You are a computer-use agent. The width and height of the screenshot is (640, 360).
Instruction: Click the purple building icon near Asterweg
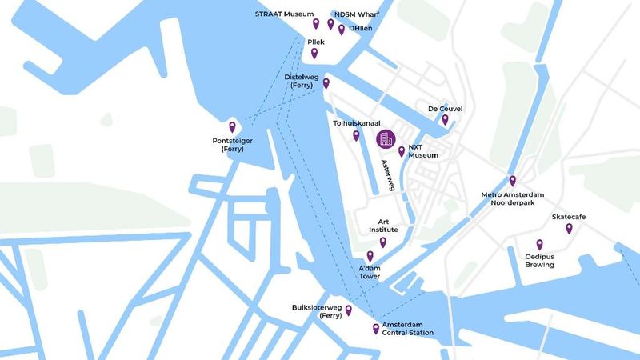pyautogui.click(x=386, y=139)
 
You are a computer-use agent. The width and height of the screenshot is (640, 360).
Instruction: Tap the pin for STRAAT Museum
pyautogui.click(x=316, y=24)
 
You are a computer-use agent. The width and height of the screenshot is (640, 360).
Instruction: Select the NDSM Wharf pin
pyautogui.click(x=330, y=24)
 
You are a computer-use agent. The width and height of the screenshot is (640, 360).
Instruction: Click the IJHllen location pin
pyautogui.click(x=342, y=30)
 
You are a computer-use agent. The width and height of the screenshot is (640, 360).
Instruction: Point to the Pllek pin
pyautogui.click(x=314, y=54)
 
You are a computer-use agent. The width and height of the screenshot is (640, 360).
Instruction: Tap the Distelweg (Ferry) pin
pyautogui.click(x=326, y=83)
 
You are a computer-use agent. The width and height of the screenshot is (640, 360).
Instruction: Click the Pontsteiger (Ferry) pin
pyautogui.click(x=233, y=126)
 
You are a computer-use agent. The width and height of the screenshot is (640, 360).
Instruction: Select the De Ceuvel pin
pyautogui.click(x=445, y=120)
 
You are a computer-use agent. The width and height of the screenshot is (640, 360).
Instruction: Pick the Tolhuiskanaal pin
pyautogui.click(x=356, y=135)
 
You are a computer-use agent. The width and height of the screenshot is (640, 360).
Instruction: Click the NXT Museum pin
pyautogui.click(x=401, y=150)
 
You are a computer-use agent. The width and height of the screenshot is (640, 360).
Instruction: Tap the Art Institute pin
pyautogui.click(x=383, y=242)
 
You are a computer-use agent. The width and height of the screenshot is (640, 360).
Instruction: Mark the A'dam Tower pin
pyautogui.click(x=370, y=256)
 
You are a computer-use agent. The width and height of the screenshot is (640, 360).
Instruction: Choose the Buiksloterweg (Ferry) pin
pyautogui.click(x=348, y=310)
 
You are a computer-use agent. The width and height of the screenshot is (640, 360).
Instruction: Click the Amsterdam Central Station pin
pyautogui.click(x=376, y=328)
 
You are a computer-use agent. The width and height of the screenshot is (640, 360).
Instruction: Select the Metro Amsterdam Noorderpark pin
pyautogui.click(x=513, y=181)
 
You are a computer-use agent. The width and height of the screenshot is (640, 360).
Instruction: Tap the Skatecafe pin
pyautogui.click(x=569, y=229)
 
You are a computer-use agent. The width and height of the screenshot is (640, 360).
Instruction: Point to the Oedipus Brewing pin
pyautogui.click(x=539, y=245)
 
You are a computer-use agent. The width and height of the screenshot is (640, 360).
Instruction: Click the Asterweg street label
pyautogui.click(x=390, y=175)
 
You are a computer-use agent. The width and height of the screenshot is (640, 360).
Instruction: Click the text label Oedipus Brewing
pyautogui.click(x=539, y=260)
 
